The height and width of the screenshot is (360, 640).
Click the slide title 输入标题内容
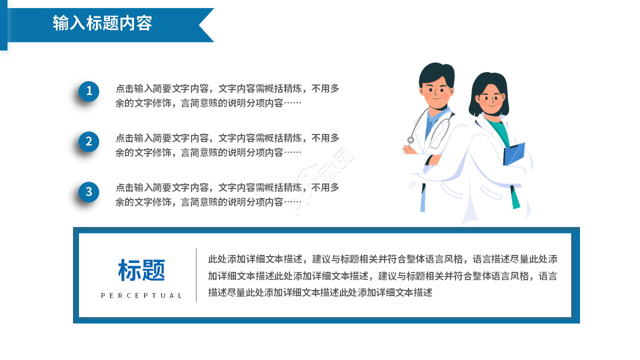102,23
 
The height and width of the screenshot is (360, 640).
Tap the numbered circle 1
89,91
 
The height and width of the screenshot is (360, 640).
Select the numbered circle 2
89,141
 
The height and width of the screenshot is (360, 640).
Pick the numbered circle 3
89,192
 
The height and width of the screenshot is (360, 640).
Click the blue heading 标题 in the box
141,270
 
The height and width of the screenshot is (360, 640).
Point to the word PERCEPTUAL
141,295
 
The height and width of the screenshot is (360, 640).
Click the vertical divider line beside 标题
196,275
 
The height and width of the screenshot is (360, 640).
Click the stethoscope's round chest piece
410,140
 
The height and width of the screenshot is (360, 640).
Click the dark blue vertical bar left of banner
3,25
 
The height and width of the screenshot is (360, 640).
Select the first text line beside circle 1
227,89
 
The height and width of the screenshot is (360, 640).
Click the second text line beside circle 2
208,152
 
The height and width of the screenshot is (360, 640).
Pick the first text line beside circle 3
227,188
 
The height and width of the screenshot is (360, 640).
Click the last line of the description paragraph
320,292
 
